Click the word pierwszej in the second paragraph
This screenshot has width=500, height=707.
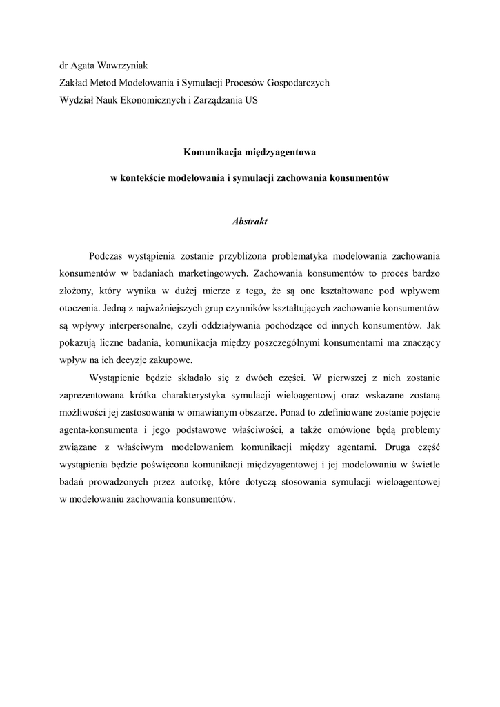[x=349, y=377]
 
